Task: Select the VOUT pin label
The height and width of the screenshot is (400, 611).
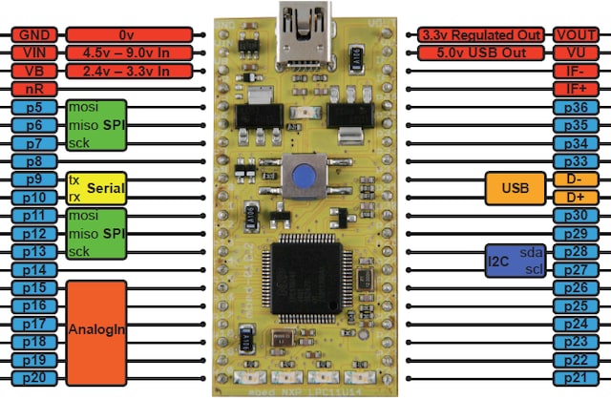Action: [576, 34]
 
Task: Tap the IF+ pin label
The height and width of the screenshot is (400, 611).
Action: [576, 89]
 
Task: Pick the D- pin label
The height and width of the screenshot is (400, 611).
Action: [576, 179]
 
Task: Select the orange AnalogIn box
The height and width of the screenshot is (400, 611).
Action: [95, 329]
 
